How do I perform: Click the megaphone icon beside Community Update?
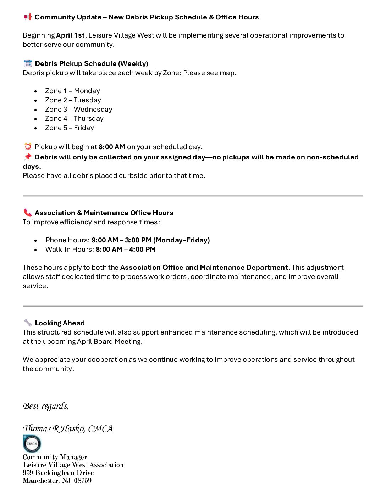(x=28, y=17)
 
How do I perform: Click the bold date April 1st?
(x=70, y=35)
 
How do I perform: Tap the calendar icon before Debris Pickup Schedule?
(x=28, y=63)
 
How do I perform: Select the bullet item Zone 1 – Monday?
(x=72, y=91)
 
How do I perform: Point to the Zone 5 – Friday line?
(x=69, y=128)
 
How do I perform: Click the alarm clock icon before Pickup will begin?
(x=28, y=147)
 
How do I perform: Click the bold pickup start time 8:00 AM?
(x=112, y=147)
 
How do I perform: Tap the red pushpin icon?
(x=28, y=157)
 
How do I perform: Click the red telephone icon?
(x=28, y=213)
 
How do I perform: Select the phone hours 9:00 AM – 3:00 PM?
(x=121, y=240)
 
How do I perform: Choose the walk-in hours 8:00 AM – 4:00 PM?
(x=126, y=250)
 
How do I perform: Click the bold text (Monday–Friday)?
(x=181, y=240)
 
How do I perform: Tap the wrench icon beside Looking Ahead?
(x=28, y=323)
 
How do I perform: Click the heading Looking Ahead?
(x=60, y=323)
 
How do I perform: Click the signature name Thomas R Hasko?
(x=54, y=428)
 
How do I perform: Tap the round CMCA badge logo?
(x=32, y=444)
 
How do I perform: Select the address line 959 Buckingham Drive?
(x=58, y=473)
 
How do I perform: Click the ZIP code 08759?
(x=83, y=481)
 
